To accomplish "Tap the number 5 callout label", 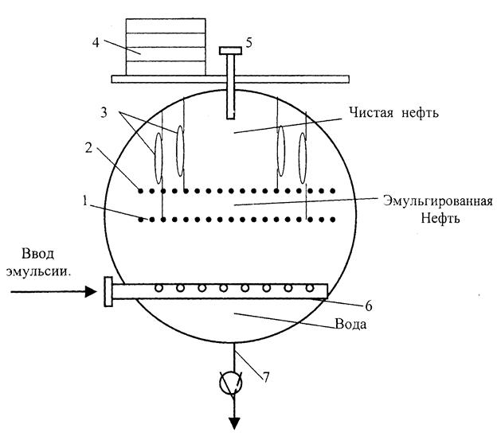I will click(x=250, y=42).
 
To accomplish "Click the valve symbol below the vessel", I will click(x=233, y=385).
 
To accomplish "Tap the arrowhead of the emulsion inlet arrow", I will click(x=89, y=292).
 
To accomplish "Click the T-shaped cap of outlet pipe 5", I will click(x=232, y=51).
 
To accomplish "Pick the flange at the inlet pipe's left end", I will click(x=107, y=292).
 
